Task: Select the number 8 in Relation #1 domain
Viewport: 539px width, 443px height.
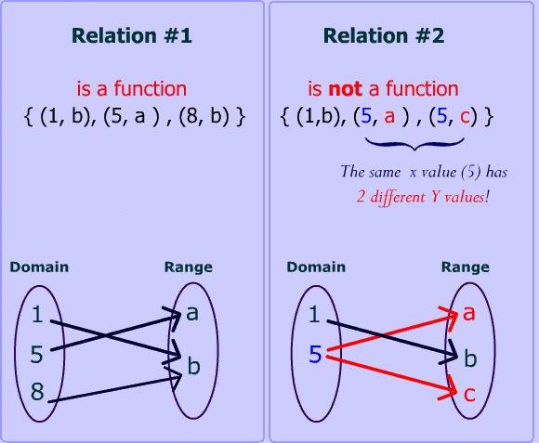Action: (37, 392)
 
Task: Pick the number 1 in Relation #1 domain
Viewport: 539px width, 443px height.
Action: (37, 316)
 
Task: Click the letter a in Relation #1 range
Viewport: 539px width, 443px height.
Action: (192, 313)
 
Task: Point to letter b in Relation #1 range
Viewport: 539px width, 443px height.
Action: (192, 366)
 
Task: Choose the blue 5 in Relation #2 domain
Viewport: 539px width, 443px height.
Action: (314, 354)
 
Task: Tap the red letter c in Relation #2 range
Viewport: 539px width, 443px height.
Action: (469, 394)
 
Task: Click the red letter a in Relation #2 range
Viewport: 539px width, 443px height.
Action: (469, 313)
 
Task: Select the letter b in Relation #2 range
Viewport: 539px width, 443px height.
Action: (469, 357)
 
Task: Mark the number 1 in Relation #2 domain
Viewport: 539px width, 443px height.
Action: (314, 316)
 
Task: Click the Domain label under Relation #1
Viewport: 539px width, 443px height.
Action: (39, 267)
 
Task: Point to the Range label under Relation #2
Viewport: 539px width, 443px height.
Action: (465, 267)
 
